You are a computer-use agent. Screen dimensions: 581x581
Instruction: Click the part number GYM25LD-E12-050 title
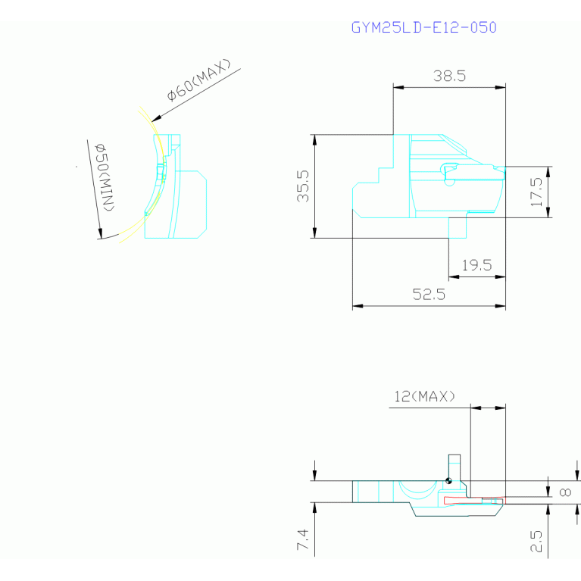pyautogui.click(x=423, y=28)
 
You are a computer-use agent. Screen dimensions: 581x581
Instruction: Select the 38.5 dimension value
pyautogui.click(x=449, y=76)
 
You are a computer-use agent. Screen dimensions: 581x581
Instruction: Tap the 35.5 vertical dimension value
pyautogui.click(x=303, y=186)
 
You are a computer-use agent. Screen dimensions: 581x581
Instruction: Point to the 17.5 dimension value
pyautogui.click(x=537, y=192)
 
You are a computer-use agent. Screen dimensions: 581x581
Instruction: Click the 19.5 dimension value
pyautogui.click(x=476, y=265)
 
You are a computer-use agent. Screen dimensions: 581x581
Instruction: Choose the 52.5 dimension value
pyautogui.click(x=429, y=295)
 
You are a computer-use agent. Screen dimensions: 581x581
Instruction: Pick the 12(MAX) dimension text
pyautogui.click(x=424, y=396)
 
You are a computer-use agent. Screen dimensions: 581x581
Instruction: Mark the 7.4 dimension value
pyautogui.click(x=302, y=541)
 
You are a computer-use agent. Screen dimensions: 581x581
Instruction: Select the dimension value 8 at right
pyautogui.click(x=564, y=492)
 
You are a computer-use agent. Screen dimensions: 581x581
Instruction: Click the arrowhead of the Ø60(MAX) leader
pyautogui.click(x=154, y=120)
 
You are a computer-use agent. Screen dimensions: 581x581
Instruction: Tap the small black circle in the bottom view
pyautogui.click(x=449, y=479)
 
